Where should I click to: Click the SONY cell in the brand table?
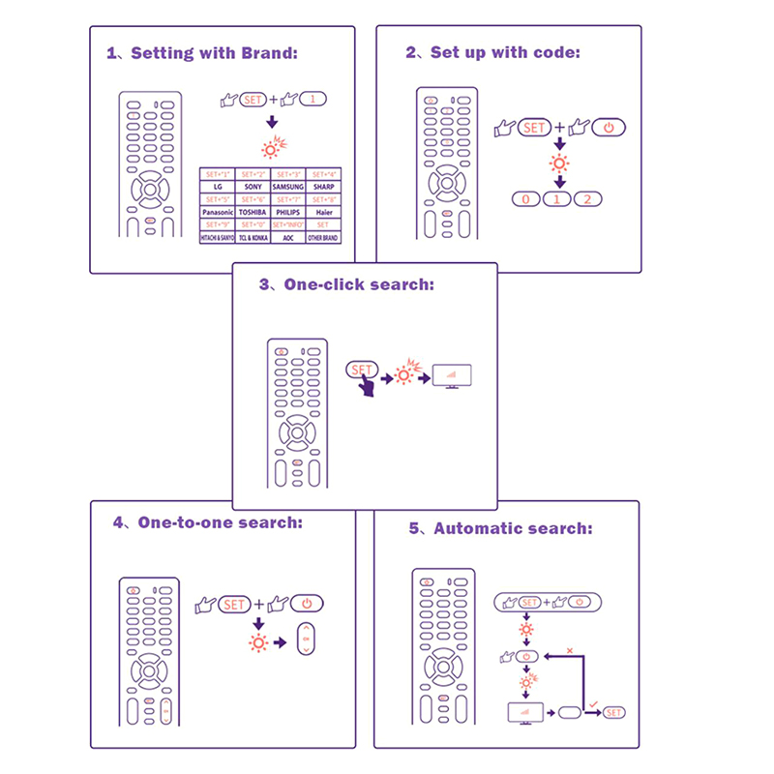tap(253, 186)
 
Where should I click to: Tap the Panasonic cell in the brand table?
tap(217, 211)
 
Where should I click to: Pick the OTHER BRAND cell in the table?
tap(322, 237)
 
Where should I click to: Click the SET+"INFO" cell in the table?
tap(287, 224)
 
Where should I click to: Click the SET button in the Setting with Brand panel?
tap(253, 99)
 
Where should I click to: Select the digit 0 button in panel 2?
tap(525, 199)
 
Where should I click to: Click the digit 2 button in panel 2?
tap(587, 199)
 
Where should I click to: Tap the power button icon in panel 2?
tap(608, 128)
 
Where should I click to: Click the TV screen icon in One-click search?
tap(451, 375)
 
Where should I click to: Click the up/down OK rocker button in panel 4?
tap(306, 640)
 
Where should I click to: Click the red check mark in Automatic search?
tap(592, 702)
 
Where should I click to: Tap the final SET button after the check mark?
tap(613, 713)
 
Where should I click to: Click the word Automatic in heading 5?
tap(477, 528)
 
